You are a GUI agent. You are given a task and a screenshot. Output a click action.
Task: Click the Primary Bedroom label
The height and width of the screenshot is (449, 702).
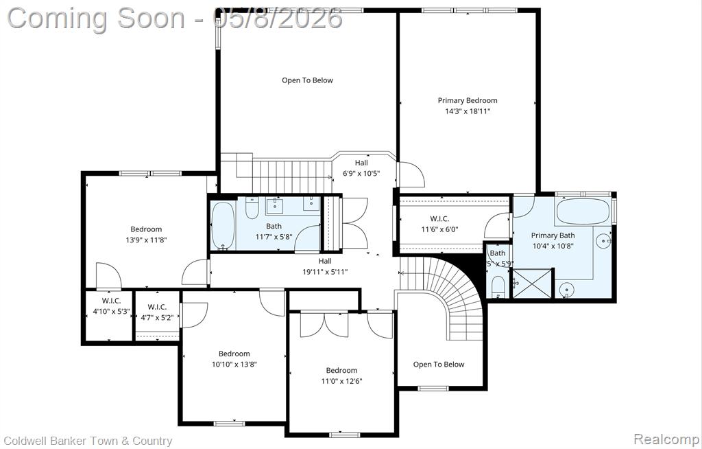click(x=468, y=100)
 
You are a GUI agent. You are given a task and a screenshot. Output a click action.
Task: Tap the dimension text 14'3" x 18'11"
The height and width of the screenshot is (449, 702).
click(x=468, y=111)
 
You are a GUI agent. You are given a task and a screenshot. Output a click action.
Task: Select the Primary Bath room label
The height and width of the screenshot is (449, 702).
click(x=553, y=235)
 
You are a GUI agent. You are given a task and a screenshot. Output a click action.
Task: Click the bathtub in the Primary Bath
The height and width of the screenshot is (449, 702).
click(x=583, y=211)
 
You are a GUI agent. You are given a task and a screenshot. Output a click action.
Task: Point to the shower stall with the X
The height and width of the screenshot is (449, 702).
click(x=533, y=283)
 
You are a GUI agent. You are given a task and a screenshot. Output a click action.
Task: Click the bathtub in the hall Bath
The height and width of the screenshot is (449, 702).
click(x=223, y=226)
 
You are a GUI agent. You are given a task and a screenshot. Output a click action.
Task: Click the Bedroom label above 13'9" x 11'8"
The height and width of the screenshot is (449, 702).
click(x=147, y=229)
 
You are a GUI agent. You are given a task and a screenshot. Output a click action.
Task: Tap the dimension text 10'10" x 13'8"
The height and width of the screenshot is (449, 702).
click(x=234, y=365)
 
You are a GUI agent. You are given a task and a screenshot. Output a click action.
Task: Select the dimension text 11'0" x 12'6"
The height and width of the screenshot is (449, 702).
click(x=341, y=381)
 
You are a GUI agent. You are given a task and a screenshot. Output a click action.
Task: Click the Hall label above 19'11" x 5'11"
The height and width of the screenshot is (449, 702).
click(x=326, y=261)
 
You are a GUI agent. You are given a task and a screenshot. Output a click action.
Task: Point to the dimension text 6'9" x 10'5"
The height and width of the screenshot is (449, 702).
click(x=361, y=173)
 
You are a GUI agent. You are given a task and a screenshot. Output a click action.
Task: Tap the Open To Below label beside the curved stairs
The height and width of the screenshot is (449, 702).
click(x=439, y=365)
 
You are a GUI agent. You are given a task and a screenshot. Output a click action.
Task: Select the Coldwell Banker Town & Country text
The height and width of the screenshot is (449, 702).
click(x=88, y=441)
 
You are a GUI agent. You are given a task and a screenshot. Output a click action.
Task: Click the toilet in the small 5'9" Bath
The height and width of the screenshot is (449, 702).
click(x=498, y=286)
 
